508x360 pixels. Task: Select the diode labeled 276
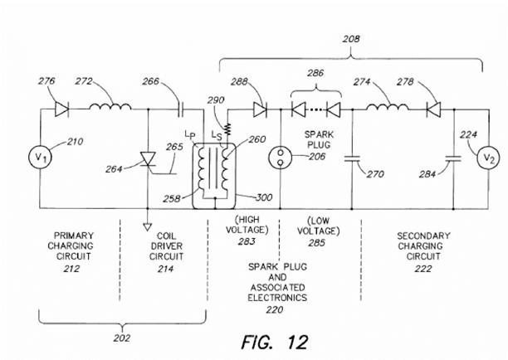click(59, 108)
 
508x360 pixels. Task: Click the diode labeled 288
click(259, 108)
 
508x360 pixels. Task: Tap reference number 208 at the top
click(352, 37)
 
